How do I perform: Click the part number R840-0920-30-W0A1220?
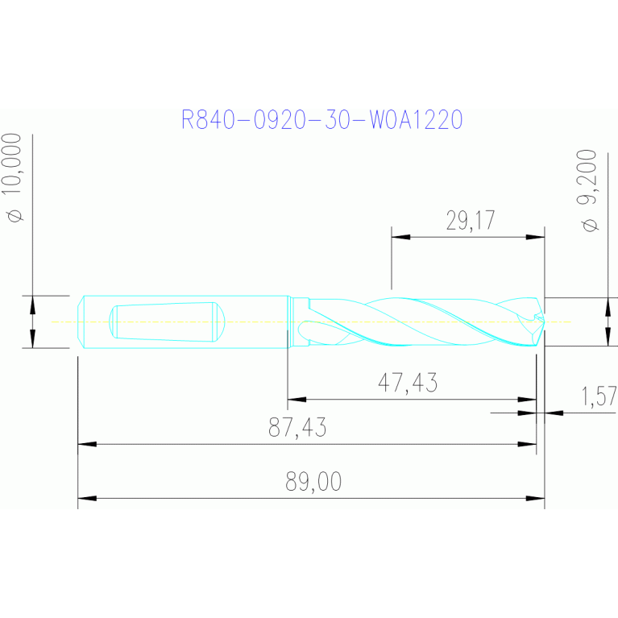pos(321,119)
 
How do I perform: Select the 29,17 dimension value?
pos(471,220)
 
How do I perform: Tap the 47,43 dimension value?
pos(408,382)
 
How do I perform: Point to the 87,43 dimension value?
pos(297,427)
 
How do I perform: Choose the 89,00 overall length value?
pos(313,481)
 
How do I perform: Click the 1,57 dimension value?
pos(599,396)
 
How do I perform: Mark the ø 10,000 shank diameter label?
pos(12,177)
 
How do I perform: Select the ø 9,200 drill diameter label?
pos(587,190)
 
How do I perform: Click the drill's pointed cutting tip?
pos(545,322)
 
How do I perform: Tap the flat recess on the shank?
pos(167,322)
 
